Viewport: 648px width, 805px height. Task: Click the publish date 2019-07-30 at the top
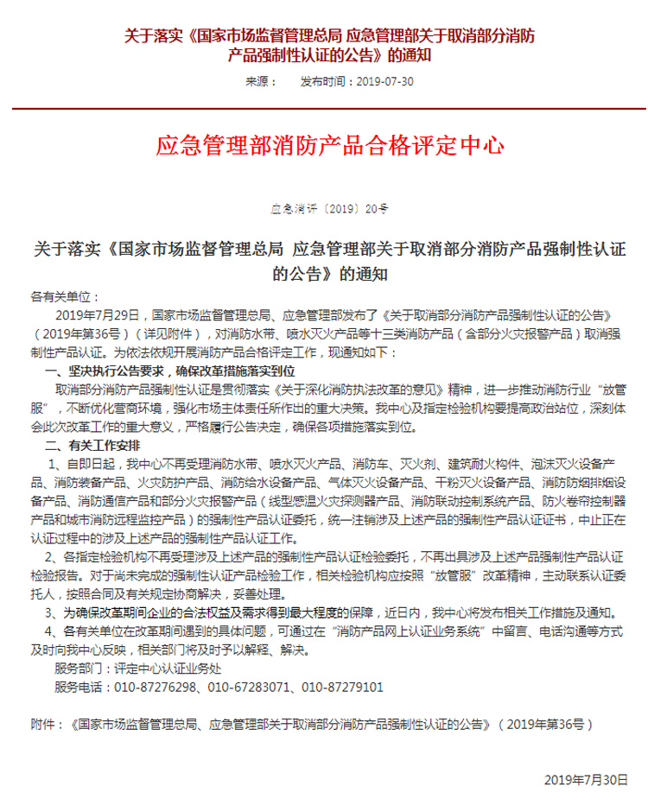click(x=385, y=82)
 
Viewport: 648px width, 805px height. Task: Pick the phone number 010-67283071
click(x=249, y=687)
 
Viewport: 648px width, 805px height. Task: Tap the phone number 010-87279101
click(x=342, y=687)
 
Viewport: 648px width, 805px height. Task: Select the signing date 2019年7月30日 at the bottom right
click(x=586, y=779)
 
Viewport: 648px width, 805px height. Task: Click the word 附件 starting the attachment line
click(x=42, y=723)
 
